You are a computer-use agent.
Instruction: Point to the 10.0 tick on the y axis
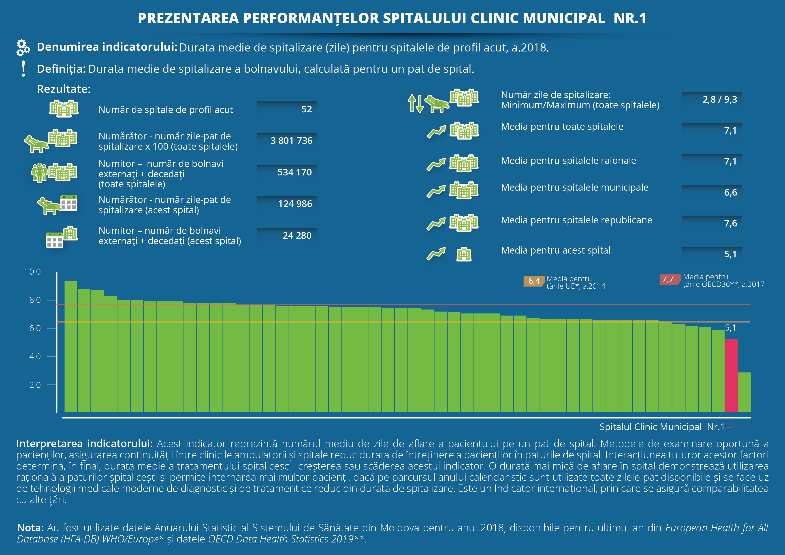(x=33, y=272)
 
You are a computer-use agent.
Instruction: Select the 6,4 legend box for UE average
(x=534, y=281)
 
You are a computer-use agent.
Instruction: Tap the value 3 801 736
(x=291, y=141)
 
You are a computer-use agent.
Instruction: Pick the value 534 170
(x=294, y=172)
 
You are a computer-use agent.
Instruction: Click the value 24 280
(x=297, y=236)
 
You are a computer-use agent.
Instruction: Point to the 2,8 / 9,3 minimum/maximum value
(x=719, y=100)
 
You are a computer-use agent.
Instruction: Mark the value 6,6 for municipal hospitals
(x=730, y=192)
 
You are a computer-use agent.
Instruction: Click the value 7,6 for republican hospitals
(x=730, y=223)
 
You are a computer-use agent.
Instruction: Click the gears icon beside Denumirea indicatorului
(x=23, y=47)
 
